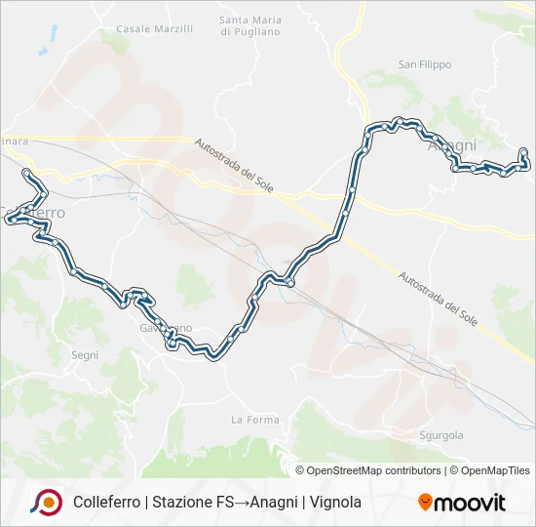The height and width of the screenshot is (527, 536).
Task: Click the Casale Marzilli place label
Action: coord(154,29)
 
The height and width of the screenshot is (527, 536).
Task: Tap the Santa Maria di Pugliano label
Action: coord(250,26)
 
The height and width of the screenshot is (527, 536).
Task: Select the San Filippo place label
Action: coord(425,64)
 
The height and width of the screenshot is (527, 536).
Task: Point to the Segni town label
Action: coord(85,355)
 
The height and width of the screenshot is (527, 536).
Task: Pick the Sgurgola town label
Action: coord(440,435)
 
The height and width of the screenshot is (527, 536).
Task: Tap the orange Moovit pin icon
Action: coord(425,503)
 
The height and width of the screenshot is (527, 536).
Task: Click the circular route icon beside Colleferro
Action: coord(46,503)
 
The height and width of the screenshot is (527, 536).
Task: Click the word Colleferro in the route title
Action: coord(107,503)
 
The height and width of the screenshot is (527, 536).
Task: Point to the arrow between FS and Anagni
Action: coord(242,503)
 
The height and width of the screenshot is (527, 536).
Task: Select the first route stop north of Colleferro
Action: coord(26,173)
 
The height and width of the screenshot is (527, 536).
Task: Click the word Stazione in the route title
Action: coord(185,503)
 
